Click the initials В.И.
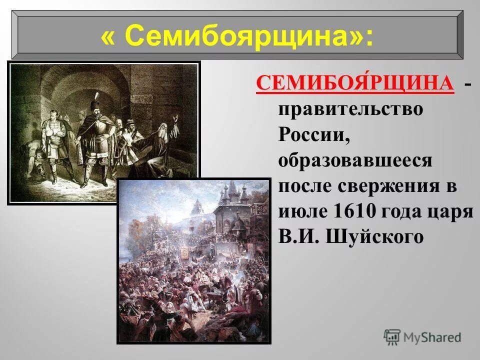pos(299,236)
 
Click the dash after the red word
pos(466,86)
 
